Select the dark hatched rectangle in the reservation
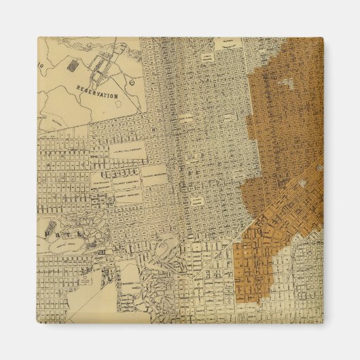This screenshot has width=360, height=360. (x=72, y=65)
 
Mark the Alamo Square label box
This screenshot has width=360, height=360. (x=196, y=201)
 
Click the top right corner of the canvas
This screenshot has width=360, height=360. (x=323, y=38)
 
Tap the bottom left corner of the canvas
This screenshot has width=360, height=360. (x=37, y=322)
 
